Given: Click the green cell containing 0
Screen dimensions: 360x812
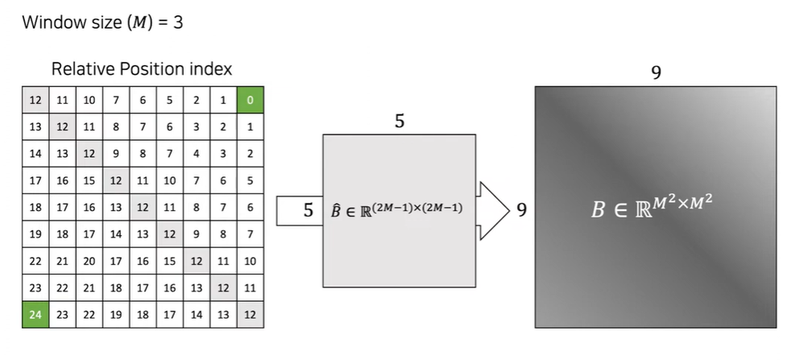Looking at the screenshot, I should tap(250, 101).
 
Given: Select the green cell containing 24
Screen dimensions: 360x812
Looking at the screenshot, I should tap(35, 314).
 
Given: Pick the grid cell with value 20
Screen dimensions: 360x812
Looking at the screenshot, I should tap(89, 261).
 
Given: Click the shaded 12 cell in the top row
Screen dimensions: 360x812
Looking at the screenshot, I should tap(35, 101).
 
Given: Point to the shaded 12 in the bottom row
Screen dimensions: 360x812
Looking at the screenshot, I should tap(250, 314).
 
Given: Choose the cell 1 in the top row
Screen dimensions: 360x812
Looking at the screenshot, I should tap(223, 101).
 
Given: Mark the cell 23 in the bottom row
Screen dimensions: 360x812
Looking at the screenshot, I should tap(62, 314).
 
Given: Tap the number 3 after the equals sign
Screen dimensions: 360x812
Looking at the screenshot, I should tap(177, 22).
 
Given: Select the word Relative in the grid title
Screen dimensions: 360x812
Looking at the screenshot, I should tap(81, 69).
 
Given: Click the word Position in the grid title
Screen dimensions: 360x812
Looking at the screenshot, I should tap(153, 69).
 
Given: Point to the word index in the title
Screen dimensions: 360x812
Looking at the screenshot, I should tap(211, 69).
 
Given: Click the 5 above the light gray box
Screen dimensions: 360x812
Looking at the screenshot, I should tap(400, 122).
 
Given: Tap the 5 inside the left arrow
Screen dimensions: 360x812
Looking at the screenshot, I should tap(309, 211).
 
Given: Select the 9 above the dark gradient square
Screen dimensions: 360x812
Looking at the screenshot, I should tap(656, 73).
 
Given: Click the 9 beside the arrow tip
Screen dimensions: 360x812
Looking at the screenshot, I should tap(521, 211).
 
